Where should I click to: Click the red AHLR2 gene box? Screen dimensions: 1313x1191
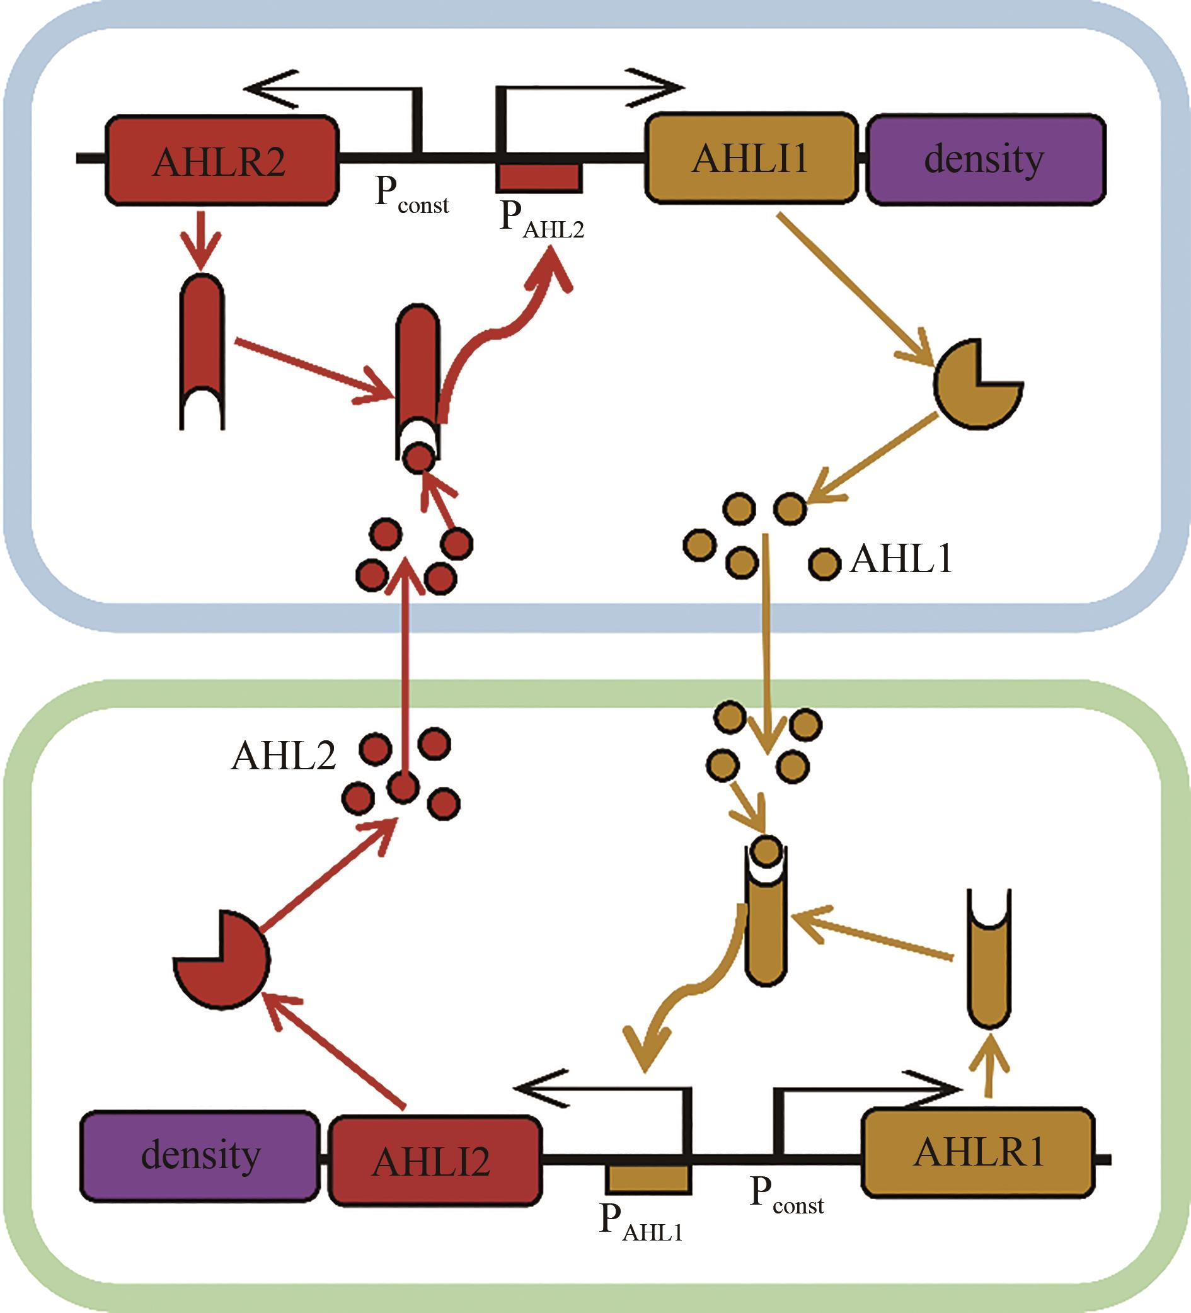(x=222, y=160)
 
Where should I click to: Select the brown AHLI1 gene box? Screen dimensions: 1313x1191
(x=751, y=159)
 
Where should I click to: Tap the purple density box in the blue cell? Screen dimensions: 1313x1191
(x=985, y=159)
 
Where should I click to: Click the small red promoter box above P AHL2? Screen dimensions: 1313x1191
(x=539, y=176)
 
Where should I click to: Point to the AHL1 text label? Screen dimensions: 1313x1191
(x=901, y=559)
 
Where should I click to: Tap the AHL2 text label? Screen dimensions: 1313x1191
(x=284, y=756)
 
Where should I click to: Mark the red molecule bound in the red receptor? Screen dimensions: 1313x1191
(x=418, y=458)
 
